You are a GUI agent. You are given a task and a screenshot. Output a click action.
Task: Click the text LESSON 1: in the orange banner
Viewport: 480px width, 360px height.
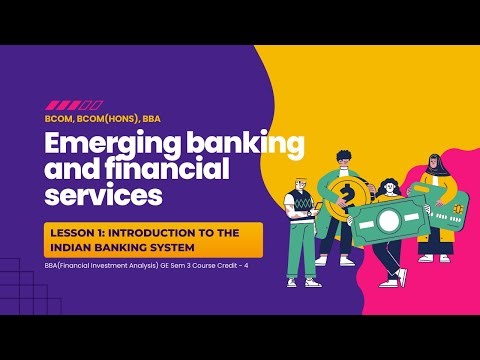tap(80, 232)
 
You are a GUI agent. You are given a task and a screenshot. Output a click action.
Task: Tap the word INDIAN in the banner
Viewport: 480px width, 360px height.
tap(81, 247)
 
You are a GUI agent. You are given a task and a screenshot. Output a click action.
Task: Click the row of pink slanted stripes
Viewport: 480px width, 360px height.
tap(74, 104)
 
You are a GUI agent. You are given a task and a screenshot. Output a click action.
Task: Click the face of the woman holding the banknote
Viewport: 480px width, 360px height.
tap(388, 189)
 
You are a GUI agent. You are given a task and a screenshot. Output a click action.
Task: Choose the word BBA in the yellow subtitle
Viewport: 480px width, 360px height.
tap(152, 117)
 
